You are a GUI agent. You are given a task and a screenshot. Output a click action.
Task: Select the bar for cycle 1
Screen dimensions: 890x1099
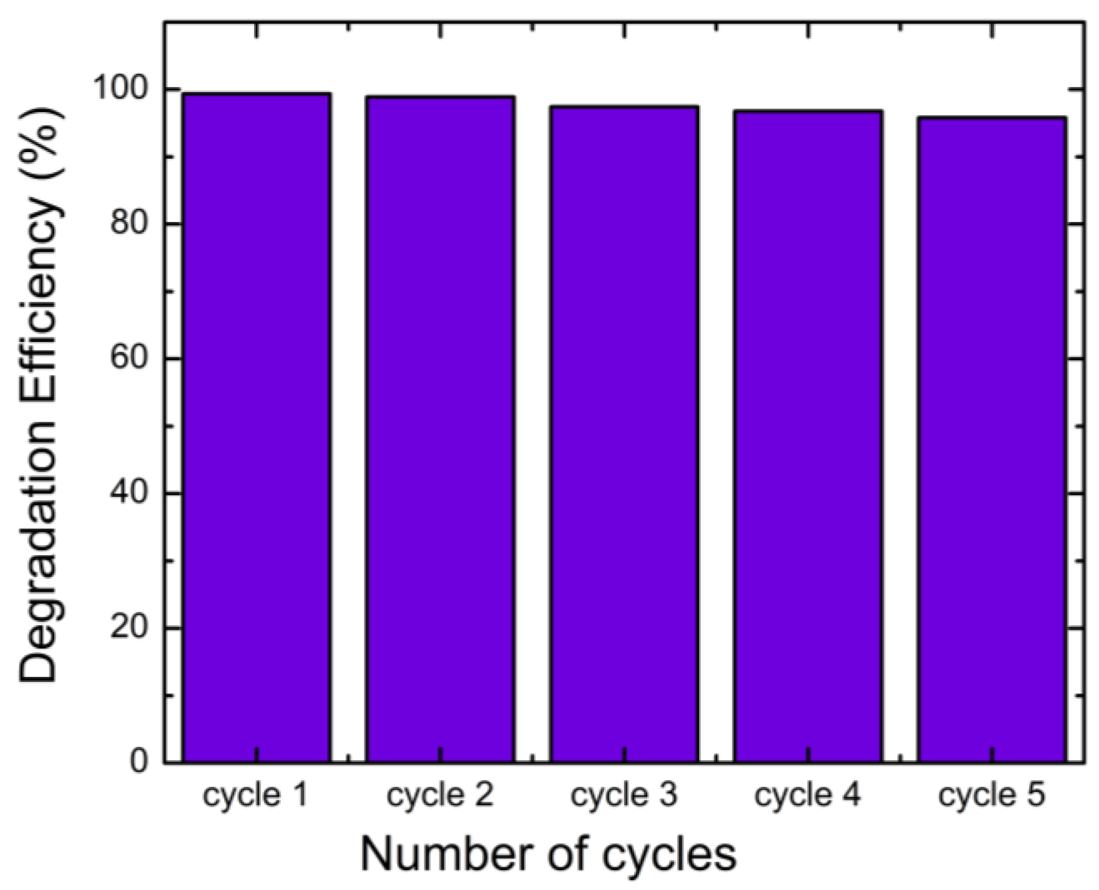point(256,427)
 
